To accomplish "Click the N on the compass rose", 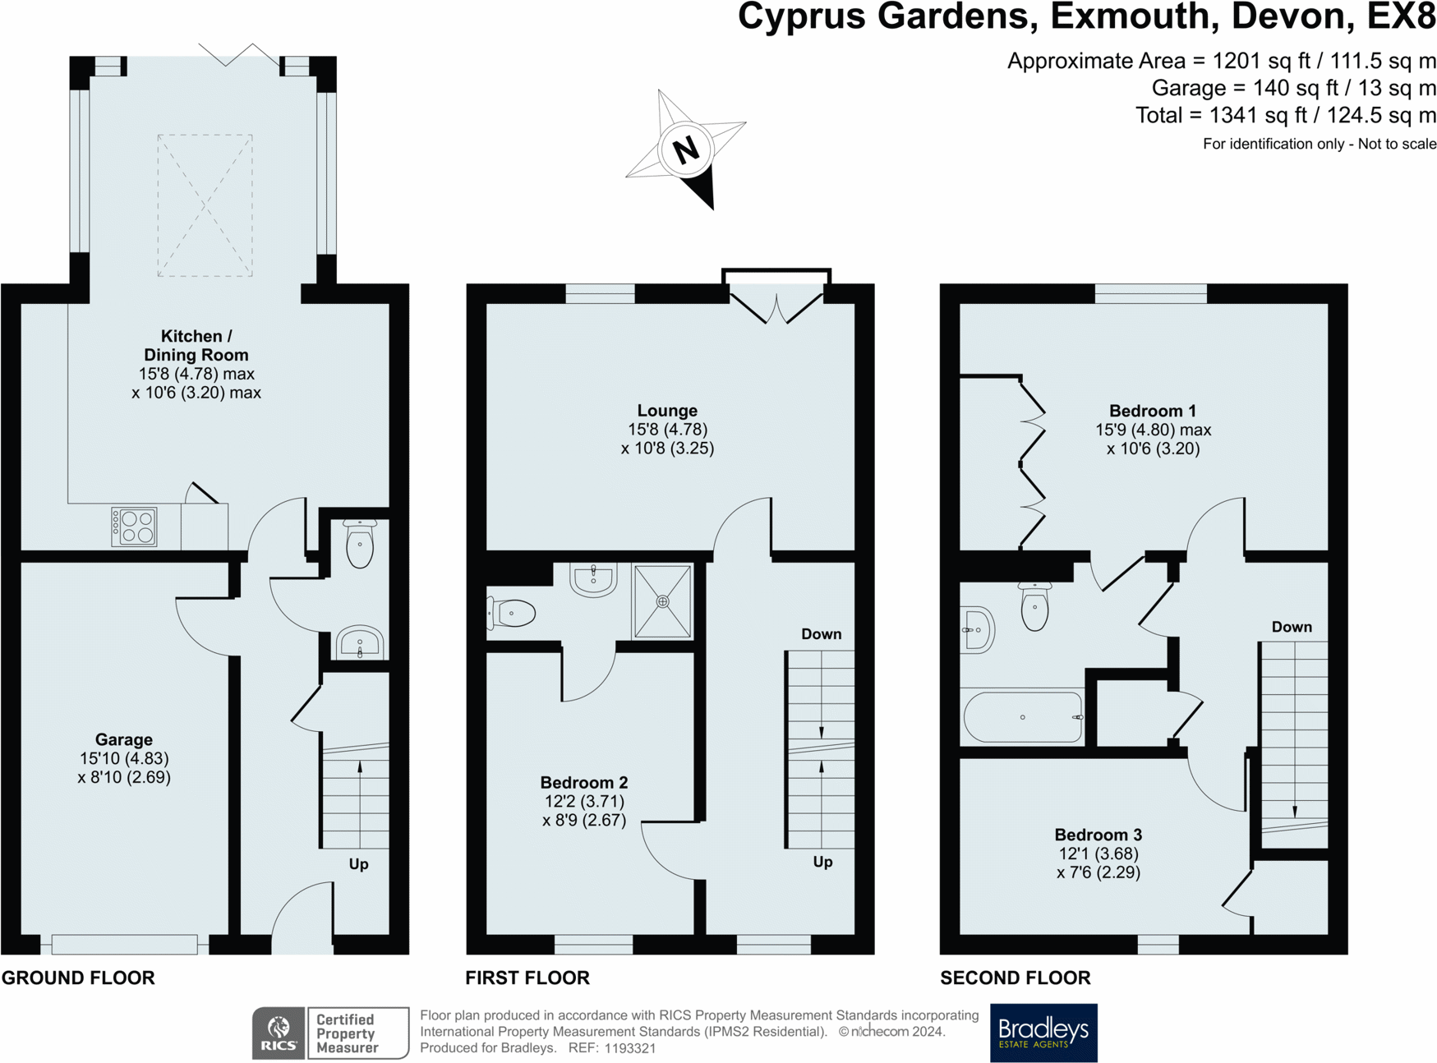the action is click(686, 150).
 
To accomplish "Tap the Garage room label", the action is click(124, 739).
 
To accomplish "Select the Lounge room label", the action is click(667, 411).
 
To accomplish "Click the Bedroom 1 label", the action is click(1153, 411).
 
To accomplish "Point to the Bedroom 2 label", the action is click(584, 783).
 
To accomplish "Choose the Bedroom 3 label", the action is click(1098, 835).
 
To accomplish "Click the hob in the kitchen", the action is click(135, 527).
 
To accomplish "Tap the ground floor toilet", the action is click(360, 543).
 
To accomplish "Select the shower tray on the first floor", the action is click(662, 601).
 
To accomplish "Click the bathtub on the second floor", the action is click(1024, 717).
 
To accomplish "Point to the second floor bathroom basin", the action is click(978, 630).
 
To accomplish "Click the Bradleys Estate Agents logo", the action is click(1043, 1033).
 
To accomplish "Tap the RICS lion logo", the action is click(279, 1033).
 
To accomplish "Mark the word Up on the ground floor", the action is click(359, 864).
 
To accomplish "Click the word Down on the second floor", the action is click(1292, 627).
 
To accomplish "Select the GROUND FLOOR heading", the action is click(78, 978).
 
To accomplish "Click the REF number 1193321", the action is click(630, 1048).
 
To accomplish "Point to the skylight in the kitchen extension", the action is click(205, 205).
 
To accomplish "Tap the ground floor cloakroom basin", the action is click(360, 642).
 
